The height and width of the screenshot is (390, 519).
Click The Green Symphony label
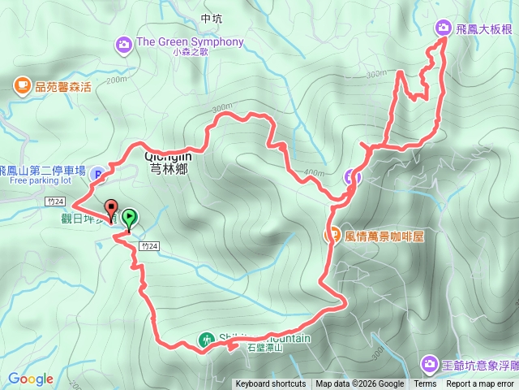191,42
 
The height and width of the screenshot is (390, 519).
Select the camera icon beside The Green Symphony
124,43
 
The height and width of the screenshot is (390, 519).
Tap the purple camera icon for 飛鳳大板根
444,28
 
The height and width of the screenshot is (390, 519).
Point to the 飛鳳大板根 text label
484,29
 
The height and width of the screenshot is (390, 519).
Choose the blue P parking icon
97,172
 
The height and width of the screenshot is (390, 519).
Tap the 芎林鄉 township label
168,170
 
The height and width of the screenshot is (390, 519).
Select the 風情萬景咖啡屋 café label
385,237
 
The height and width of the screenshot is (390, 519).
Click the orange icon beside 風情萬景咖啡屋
332,236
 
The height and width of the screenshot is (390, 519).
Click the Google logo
31,379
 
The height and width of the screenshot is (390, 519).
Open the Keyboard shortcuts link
271,384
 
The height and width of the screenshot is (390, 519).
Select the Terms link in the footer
425,384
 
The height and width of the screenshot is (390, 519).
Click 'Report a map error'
479,384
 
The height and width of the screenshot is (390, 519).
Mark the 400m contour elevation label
313,173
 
